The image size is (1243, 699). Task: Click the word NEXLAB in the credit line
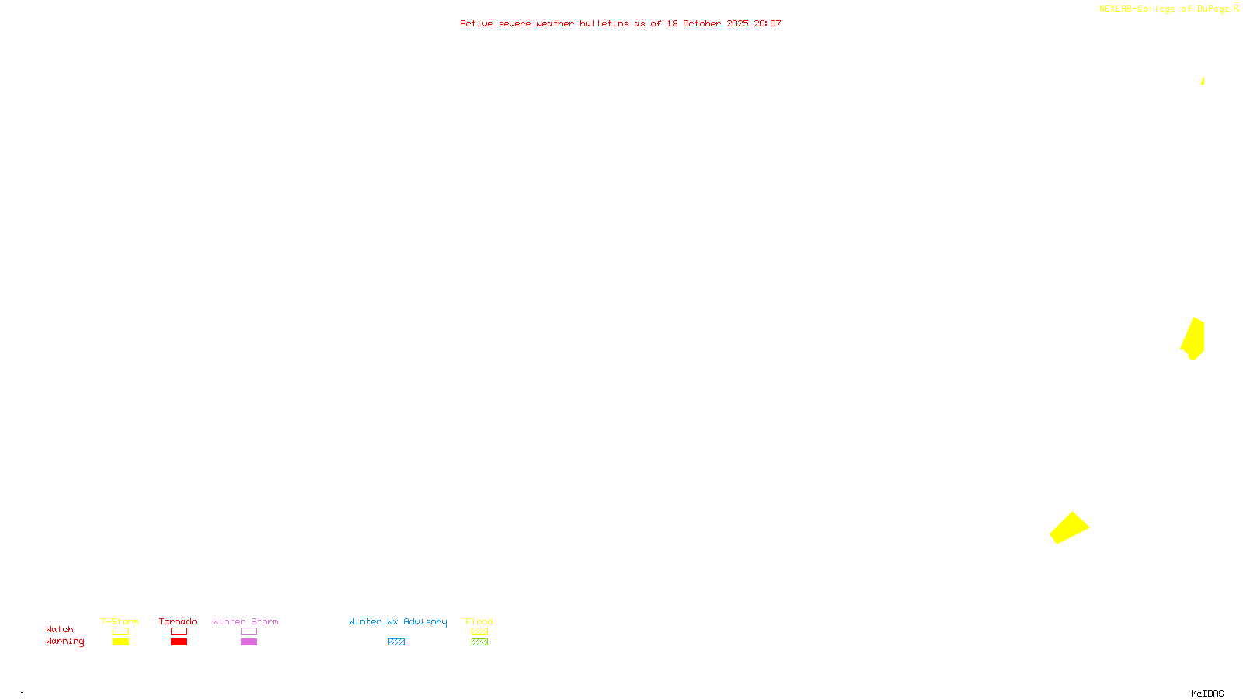coord(1116,9)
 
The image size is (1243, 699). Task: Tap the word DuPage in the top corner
coord(1213,9)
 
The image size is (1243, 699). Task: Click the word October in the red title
coord(702,23)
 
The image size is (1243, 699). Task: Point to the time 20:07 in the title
coord(767,23)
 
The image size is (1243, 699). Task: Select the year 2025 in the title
coord(737,23)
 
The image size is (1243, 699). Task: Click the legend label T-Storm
coord(120,621)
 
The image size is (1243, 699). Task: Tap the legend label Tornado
coord(178,621)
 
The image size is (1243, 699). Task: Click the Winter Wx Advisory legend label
coord(398,621)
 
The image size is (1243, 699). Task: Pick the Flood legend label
coord(479,621)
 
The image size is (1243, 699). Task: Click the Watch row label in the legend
coord(60,630)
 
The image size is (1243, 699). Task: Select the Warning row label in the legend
coord(65,642)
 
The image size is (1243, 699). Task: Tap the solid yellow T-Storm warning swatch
coord(120,642)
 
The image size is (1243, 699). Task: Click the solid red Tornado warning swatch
coord(179,642)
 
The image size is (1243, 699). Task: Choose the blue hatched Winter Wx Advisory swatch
coord(397,642)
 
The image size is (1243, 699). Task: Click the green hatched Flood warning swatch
coord(480,642)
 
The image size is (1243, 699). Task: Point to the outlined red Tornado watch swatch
coord(179,631)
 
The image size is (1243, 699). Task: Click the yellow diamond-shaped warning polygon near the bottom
coord(1069,528)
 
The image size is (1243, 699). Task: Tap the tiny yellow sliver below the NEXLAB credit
coord(1203,81)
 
